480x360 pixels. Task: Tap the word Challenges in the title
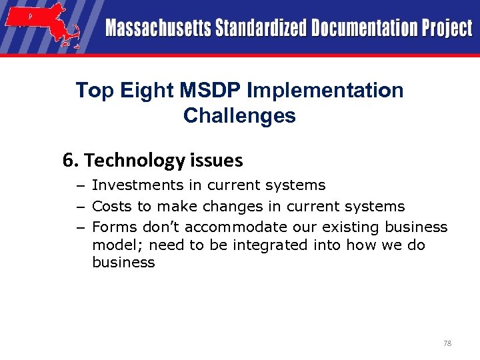click(239, 116)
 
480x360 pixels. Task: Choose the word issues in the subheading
click(215, 161)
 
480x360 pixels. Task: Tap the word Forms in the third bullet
click(111, 227)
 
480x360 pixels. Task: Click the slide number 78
click(447, 343)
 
